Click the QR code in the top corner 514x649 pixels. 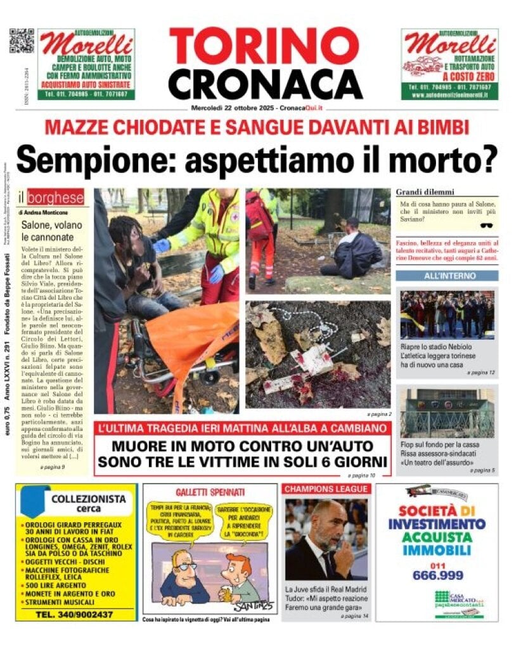click(x=22, y=41)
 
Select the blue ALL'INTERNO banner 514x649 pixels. click(x=447, y=276)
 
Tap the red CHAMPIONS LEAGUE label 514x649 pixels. click(x=326, y=489)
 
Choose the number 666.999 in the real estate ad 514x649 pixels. click(x=437, y=575)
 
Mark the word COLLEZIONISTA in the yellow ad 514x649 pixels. click(x=89, y=498)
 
